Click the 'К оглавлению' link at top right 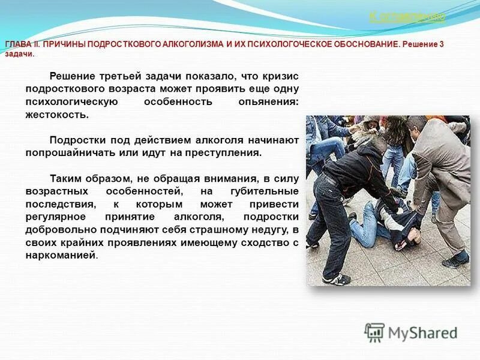point(407,17)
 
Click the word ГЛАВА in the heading point(17,45)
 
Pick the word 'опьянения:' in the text point(268,101)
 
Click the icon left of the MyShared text point(374,333)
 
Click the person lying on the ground point(384,225)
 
